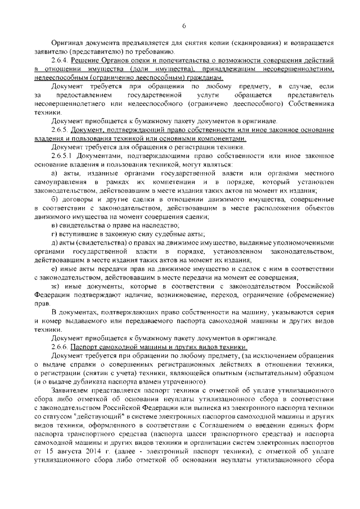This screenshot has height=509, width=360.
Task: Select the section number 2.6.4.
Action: coord(59,59)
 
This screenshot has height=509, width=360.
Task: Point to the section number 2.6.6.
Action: coord(59,347)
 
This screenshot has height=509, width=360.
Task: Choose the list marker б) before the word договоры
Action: coord(55,200)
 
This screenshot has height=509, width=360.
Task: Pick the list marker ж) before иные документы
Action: coord(55,286)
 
